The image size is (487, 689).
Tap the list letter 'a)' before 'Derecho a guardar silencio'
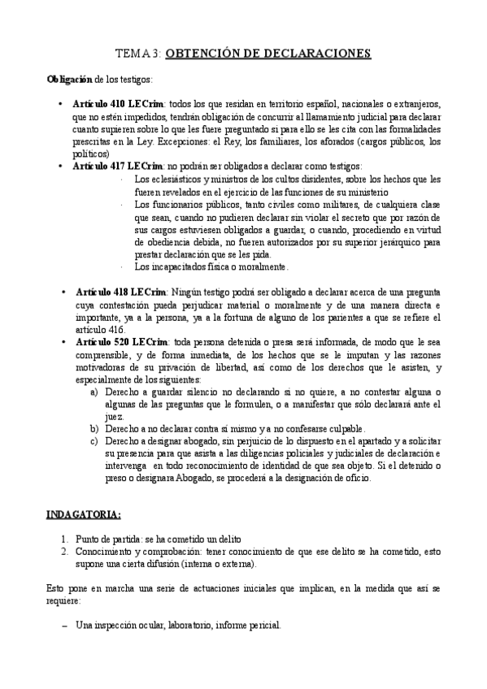pyautogui.click(x=95, y=392)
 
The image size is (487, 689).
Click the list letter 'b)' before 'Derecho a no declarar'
pyautogui.click(x=95, y=428)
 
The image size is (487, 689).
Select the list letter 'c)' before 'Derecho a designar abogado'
pyautogui.click(x=95, y=441)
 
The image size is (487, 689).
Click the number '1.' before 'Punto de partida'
pyautogui.click(x=67, y=539)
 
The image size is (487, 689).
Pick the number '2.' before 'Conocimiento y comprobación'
pyautogui.click(x=67, y=552)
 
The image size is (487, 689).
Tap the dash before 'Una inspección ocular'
pyautogui.click(x=65, y=625)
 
